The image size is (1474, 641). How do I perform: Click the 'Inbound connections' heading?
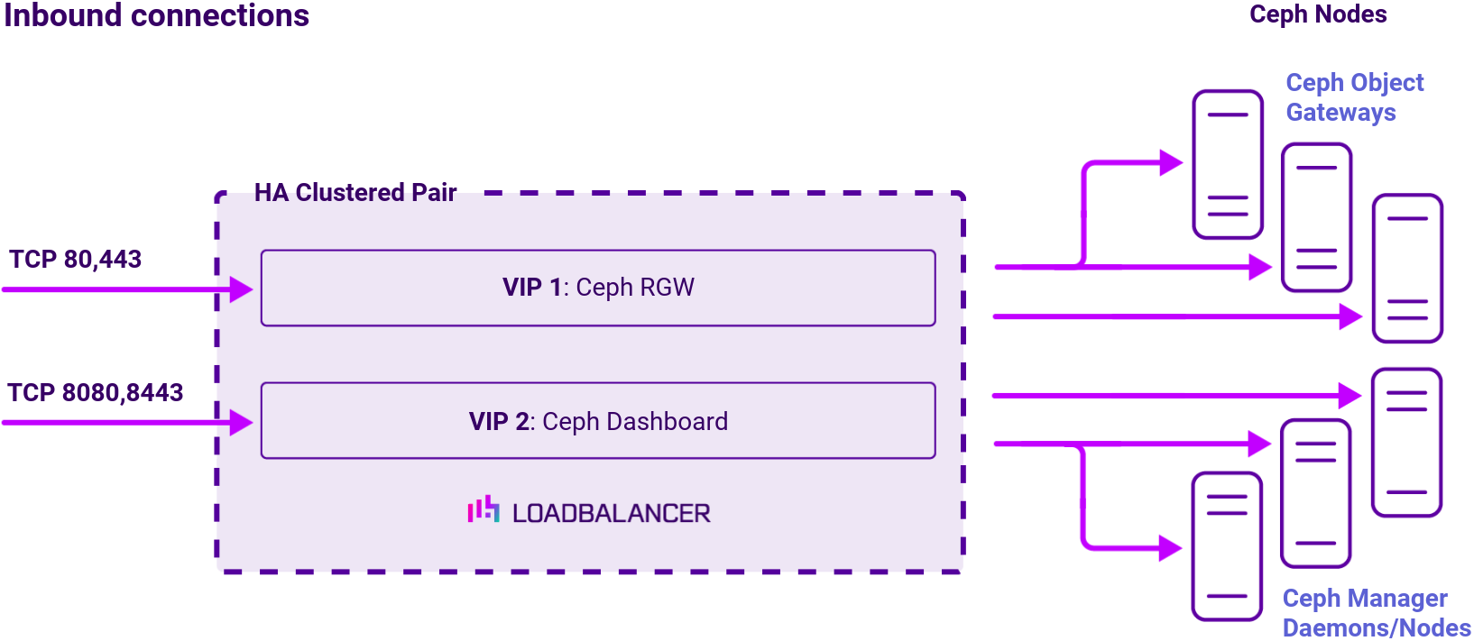(x=156, y=15)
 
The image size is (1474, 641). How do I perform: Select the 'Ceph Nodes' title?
(x=1317, y=14)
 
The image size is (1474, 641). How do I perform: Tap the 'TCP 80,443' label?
(x=76, y=260)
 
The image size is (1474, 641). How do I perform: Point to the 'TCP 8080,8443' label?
(x=96, y=393)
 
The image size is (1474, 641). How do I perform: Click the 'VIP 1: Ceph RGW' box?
(x=598, y=288)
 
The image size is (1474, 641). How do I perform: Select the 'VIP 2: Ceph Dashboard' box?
(x=598, y=421)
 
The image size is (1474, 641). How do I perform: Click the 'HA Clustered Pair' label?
(x=355, y=193)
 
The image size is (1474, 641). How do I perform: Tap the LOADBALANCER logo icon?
(x=484, y=509)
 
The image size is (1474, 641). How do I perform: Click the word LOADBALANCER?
(x=612, y=514)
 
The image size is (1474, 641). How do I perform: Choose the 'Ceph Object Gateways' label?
(x=1353, y=97)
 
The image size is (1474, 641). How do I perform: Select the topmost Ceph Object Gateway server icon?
(x=1227, y=164)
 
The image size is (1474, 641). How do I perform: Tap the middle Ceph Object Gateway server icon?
(x=1316, y=217)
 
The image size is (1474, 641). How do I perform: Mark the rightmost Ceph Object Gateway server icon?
(x=1407, y=269)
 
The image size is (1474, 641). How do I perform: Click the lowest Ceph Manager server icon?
(x=1226, y=546)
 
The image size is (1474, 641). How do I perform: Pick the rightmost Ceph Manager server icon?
(x=1406, y=442)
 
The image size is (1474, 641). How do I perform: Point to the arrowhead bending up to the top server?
(x=1171, y=163)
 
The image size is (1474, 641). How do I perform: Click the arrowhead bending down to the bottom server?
(x=1170, y=547)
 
